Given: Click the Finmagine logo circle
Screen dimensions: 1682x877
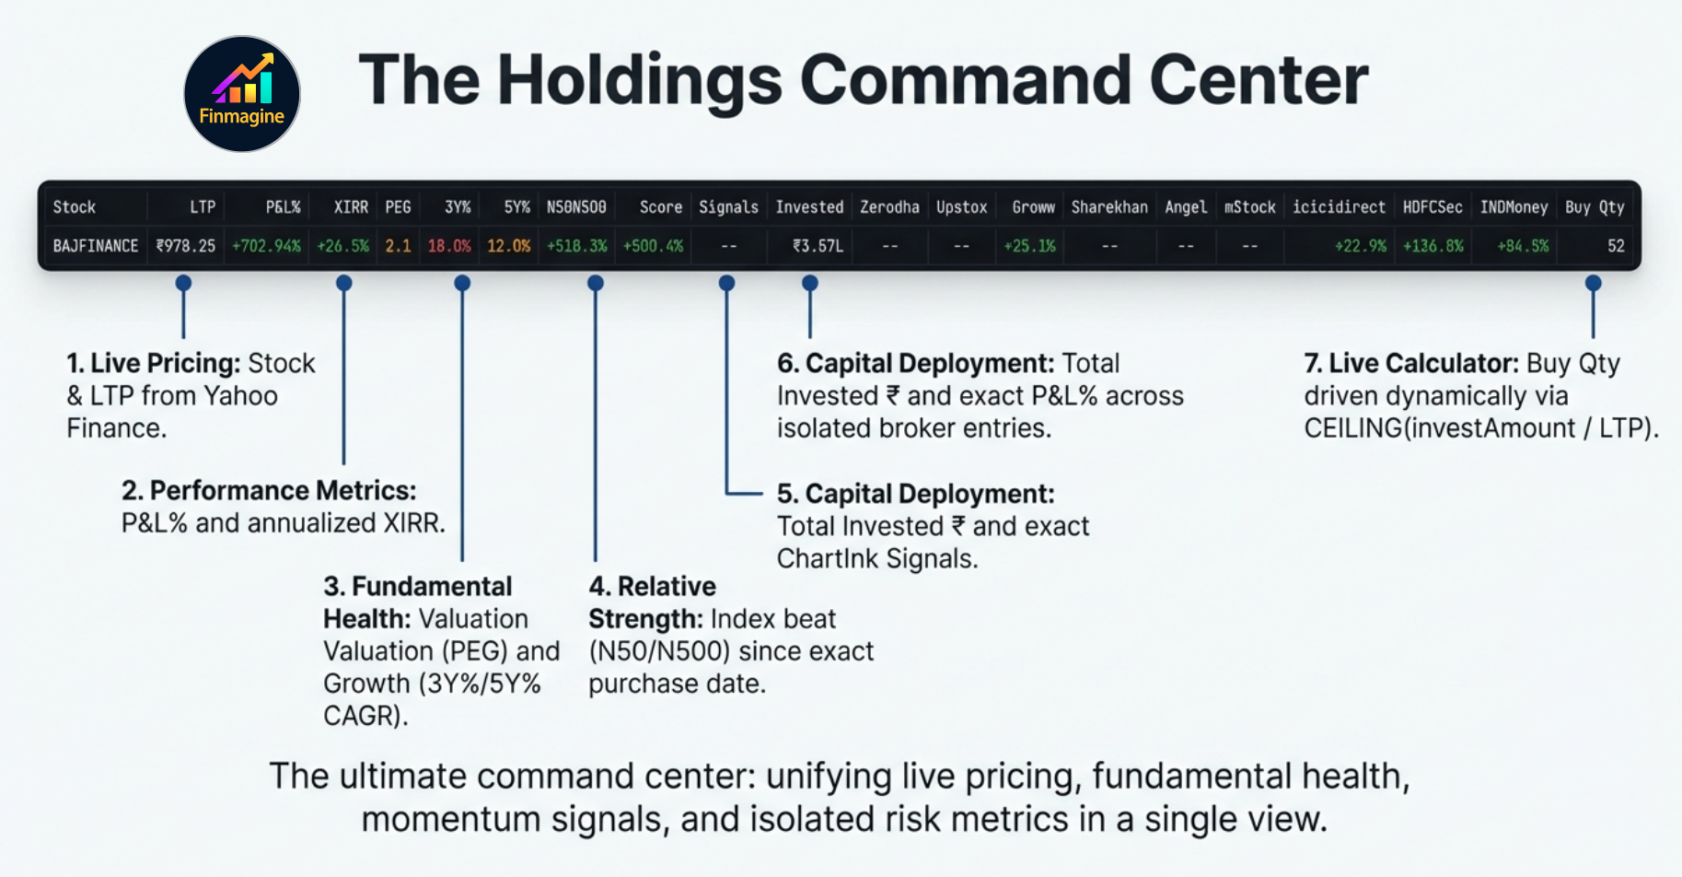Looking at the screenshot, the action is point(242,94).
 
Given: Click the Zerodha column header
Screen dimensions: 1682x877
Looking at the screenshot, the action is point(889,207).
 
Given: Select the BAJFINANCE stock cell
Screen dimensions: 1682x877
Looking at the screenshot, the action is point(96,246).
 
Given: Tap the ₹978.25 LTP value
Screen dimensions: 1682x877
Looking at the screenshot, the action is point(186,246).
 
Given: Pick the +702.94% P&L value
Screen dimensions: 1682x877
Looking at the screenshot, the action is point(266,246).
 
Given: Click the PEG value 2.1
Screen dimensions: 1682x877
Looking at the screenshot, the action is point(398,246).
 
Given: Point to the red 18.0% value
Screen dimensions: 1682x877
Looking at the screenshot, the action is point(449,246).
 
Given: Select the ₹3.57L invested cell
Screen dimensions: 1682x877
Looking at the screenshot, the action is point(818,246).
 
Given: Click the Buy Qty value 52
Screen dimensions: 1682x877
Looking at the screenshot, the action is point(1616,246).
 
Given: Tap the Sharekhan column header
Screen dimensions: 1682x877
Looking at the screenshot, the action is point(1109,207).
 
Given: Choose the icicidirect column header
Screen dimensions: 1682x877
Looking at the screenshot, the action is point(1339,207).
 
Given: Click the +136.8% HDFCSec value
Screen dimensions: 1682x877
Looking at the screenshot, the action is point(1433,246).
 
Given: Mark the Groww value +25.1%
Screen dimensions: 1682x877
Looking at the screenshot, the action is point(1029,246).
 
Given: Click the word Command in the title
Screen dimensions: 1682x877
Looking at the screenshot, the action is point(966,80).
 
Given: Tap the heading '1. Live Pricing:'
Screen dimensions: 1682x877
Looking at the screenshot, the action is point(153,363).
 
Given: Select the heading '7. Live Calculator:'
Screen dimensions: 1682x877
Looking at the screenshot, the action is point(1410,363).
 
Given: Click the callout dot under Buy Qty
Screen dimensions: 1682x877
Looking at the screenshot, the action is point(1594,283).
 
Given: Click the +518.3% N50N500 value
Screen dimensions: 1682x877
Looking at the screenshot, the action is point(576,246).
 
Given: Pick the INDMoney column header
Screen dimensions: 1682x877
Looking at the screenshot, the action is point(1514,207).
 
